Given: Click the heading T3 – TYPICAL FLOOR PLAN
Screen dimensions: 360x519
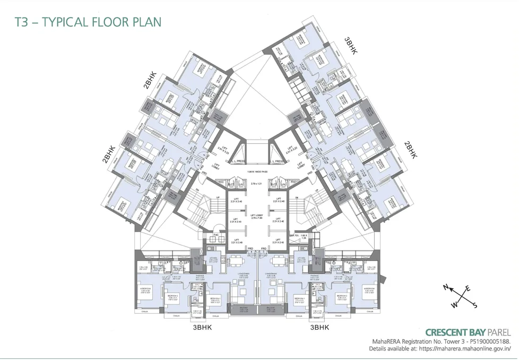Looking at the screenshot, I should [x=88, y=22].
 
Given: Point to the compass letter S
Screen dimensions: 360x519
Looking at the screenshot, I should [x=475, y=305].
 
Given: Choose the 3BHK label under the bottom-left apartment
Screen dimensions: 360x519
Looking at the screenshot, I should [x=203, y=328].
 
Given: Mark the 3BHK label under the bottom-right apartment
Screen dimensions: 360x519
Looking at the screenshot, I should [x=319, y=328].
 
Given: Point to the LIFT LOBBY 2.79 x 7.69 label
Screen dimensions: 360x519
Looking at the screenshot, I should [x=257, y=217].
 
